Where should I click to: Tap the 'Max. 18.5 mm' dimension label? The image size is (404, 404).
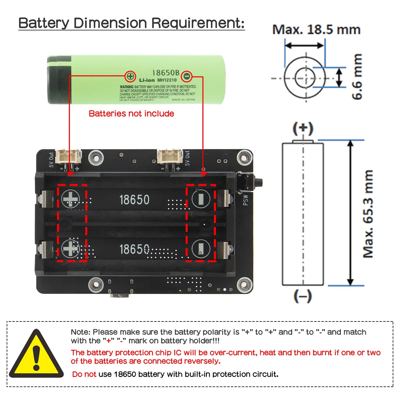(316, 30)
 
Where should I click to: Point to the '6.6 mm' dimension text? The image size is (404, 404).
(357, 77)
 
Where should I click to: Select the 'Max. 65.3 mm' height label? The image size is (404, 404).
(368, 214)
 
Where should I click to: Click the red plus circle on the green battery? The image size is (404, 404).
(130, 76)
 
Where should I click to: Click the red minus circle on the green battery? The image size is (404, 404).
(186, 76)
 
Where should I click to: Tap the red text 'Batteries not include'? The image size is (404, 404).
(131, 114)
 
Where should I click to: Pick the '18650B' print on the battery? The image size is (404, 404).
(166, 73)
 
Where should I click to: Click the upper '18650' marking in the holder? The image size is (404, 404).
(134, 200)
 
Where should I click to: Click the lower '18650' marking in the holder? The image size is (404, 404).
(134, 249)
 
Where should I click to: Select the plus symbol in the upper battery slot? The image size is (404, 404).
(70, 199)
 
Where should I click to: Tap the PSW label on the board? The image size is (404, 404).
(245, 200)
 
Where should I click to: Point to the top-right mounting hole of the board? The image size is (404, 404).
(245, 157)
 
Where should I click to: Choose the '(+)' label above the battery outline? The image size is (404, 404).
(303, 128)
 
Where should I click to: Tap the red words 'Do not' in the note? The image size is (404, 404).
(84, 374)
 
